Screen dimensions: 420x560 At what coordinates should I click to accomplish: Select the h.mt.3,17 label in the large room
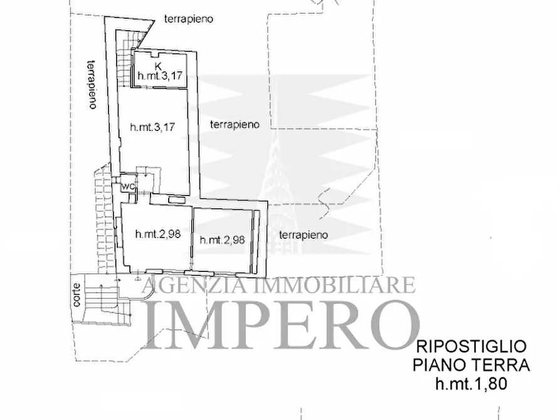(x=152, y=127)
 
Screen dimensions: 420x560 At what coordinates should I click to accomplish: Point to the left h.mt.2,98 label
(x=158, y=234)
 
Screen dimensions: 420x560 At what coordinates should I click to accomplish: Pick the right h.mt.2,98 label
(x=221, y=239)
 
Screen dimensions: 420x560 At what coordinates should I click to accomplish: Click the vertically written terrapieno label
(x=92, y=83)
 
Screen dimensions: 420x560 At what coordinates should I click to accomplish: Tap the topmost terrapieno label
(x=188, y=19)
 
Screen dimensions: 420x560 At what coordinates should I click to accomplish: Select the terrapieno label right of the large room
(x=235, y=124)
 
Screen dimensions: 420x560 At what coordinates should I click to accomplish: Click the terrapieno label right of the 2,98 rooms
(x=304, y=234)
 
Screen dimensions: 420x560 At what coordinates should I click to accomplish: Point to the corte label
(x=77, y=295)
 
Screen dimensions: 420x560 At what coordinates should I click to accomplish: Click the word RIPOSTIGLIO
(x=471, y=347)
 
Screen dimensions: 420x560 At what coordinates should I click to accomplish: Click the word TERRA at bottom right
(x=500, y=365)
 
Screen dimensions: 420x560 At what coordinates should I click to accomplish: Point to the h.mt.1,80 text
(x=471, y=384)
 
